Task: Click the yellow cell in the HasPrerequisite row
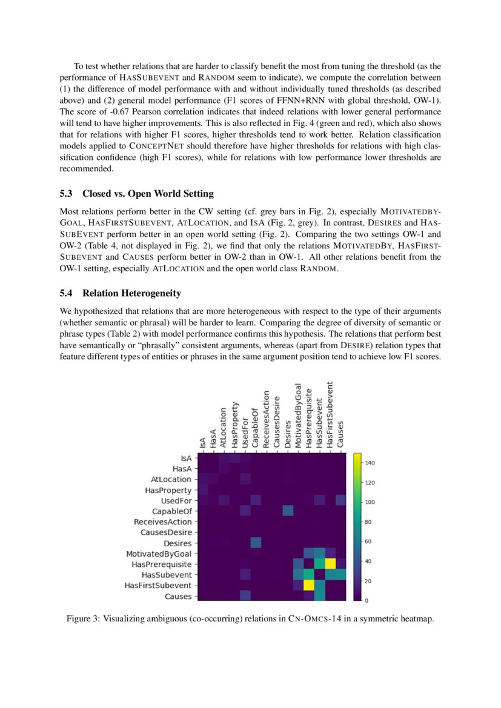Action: [x=331, y=563]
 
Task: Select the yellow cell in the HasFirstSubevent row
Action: [x=309, y=585]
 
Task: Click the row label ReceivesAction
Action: [x=162, y=522]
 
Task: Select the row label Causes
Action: [x=179, y=597]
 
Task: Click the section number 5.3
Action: [x=67, y=194]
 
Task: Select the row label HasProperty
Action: [x=168, y=490]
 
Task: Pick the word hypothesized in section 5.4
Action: [x=99, y=310]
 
